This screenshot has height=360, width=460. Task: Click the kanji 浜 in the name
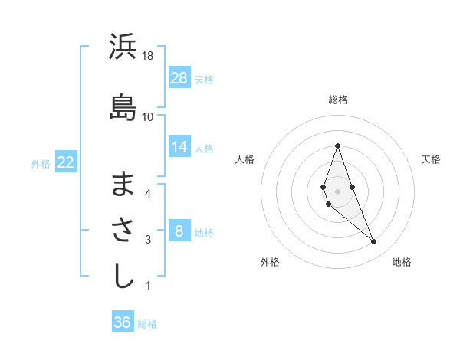(x=123, y=47)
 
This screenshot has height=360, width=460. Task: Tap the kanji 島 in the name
(x=123, y=107)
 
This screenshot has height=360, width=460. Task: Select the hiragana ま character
(x=123, y=184)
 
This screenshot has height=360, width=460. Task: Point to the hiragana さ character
(x=123, y=230)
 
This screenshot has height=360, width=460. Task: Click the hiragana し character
(x=123, y=276)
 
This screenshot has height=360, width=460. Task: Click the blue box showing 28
(x=179, y=77)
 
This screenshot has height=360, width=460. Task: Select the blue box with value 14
(x=179, y=146)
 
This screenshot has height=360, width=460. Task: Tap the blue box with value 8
(x=179, y=231)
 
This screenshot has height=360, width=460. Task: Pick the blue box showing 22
(x=65, y=162)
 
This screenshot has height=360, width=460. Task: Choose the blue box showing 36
(x=123, y=322)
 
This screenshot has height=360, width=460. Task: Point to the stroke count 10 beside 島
(x=148, y=116)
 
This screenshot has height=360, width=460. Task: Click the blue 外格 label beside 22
(x=41, y=163)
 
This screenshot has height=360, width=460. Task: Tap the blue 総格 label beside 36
(x=148, y=324)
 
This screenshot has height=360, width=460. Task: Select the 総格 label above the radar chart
(x=338, y=100)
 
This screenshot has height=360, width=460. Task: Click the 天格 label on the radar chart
(x=432, y=159)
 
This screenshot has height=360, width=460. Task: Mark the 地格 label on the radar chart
(x=402, y=263)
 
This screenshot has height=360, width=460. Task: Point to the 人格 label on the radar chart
(x=245, y=159)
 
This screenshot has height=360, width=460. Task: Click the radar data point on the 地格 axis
(x=374, y=242)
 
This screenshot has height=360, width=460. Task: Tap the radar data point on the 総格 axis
(x=337, y=146)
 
